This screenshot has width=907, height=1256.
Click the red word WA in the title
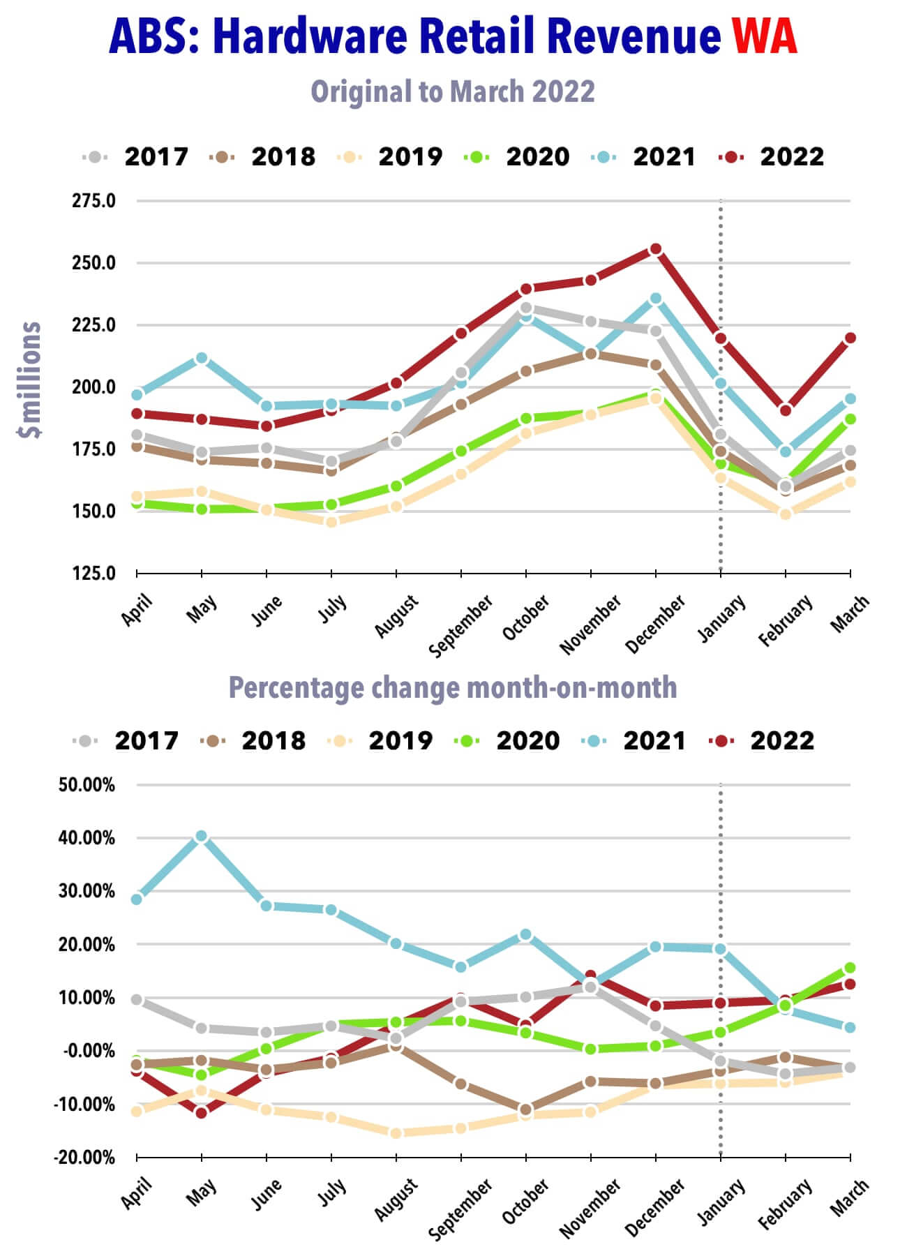pos(764,36)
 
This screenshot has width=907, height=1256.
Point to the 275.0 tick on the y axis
pos(93,201)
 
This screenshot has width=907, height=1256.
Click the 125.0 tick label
pos(93,573)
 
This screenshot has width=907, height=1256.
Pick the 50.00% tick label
pos(87,784)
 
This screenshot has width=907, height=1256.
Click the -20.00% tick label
pos(84,1157)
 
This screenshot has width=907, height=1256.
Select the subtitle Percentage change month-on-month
pos(453,687)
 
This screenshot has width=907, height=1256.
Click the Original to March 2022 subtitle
pos(453,91)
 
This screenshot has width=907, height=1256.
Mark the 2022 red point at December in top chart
pos(656,249)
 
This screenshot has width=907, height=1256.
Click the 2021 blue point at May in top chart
pos(202,358)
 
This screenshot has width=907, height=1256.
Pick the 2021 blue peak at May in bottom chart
pos(202,836)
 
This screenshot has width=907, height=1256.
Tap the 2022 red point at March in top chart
pos(850,338)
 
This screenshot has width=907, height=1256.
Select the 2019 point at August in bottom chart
pos(396,1133)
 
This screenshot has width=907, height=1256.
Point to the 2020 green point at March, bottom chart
pos(850,968)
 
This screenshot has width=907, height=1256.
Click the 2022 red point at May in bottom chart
pos(202,1112)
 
